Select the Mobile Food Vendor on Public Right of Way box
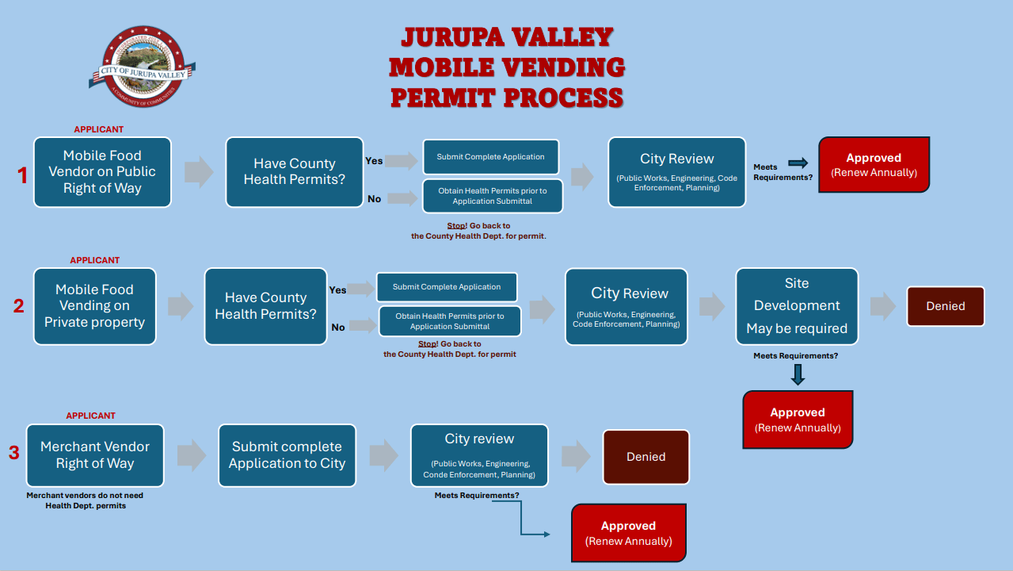tap(102, 172)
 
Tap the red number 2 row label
tap(19, 305)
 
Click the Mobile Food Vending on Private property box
tap(94, 306)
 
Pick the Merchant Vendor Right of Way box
tap(95, 455)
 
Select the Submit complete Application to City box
tap(287, 455)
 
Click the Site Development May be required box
tap(796, 306)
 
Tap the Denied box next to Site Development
tap(945, 306)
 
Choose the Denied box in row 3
tap(646, 457)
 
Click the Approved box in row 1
tap(874, 165)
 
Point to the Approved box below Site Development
tap(798, 420)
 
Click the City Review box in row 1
tap(676, 172)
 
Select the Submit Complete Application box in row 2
tap(447, 287)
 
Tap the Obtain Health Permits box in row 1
tap(492, 196)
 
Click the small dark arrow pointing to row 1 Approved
tap(798, 163)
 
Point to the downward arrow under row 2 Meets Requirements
tap(798, 374)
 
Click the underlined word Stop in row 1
tap(456, 226)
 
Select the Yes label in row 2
tap(337, 290)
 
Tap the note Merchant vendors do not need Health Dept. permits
tap(86, 500)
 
